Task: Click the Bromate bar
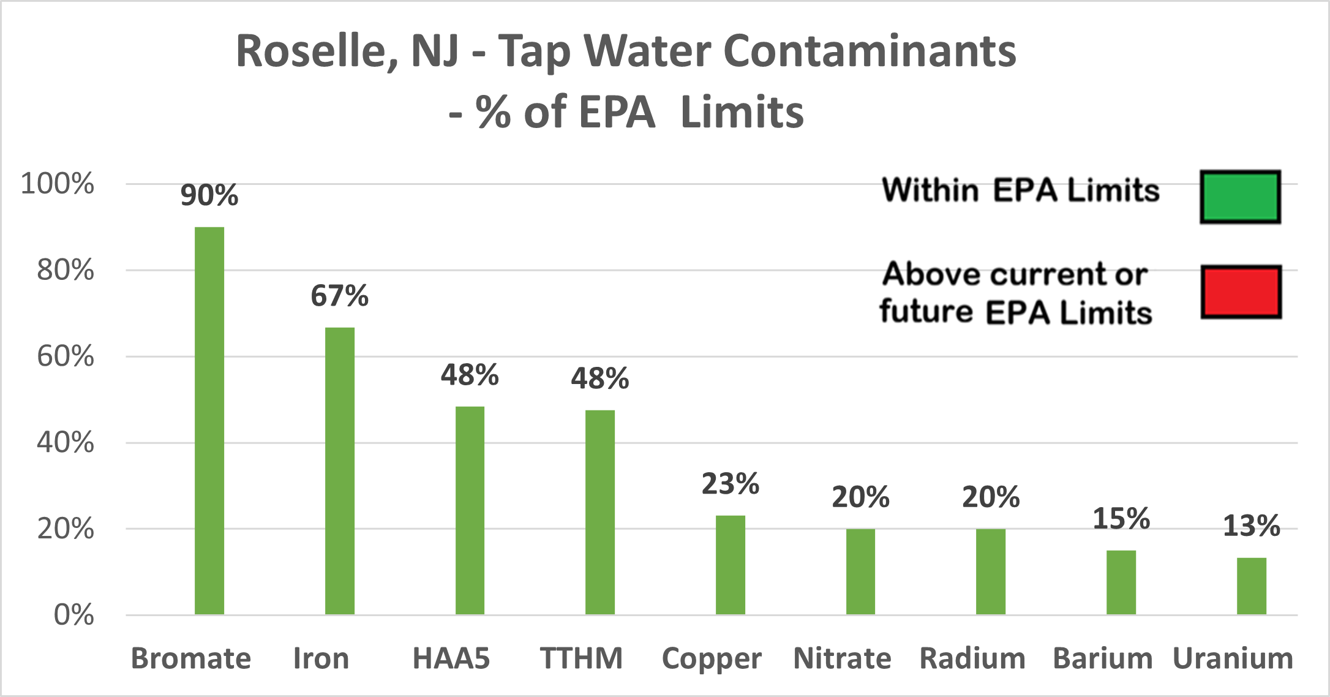pyautogui.click(x=209, y=421)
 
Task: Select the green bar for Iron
pyautogui.click(x=339, y=471)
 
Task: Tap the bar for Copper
pyautogui.click(x=730, y=565)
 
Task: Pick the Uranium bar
pyautogui.click(x=1251, y=586)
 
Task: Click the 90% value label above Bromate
pyautogui.click(x=209, y=195)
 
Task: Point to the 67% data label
pyautogui.click(x=339, y=296)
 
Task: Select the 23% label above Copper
pyautogui.click(x=730, y=484)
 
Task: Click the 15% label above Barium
pyautogui.click(x=1121, y=519)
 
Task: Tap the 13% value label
pyautogui.click(x=1251, y=526)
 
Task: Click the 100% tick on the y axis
pyautogui.click(x=58, y=184)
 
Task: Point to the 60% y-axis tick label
pyautogui.click(x=65, y=356)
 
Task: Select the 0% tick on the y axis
pyautogui.click(x=73, y=615)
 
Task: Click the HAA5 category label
pyautogui.click(x=451, y=658)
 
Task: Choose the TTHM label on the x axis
pyautogui.click(x=581, y=658)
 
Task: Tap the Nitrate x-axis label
pyautogui.click(x=842, y=658)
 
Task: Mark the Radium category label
pyautogui.click(x=972, y=658)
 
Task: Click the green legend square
pyautogui.click(x=1240, y=197)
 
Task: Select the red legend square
pyautogui.click(x=1241, y=292)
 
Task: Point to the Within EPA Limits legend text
pyautogui.click(x=1021, y=190)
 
